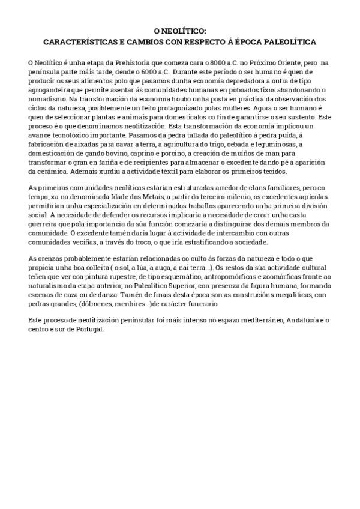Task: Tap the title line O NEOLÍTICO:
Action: [x=179, y=31]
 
